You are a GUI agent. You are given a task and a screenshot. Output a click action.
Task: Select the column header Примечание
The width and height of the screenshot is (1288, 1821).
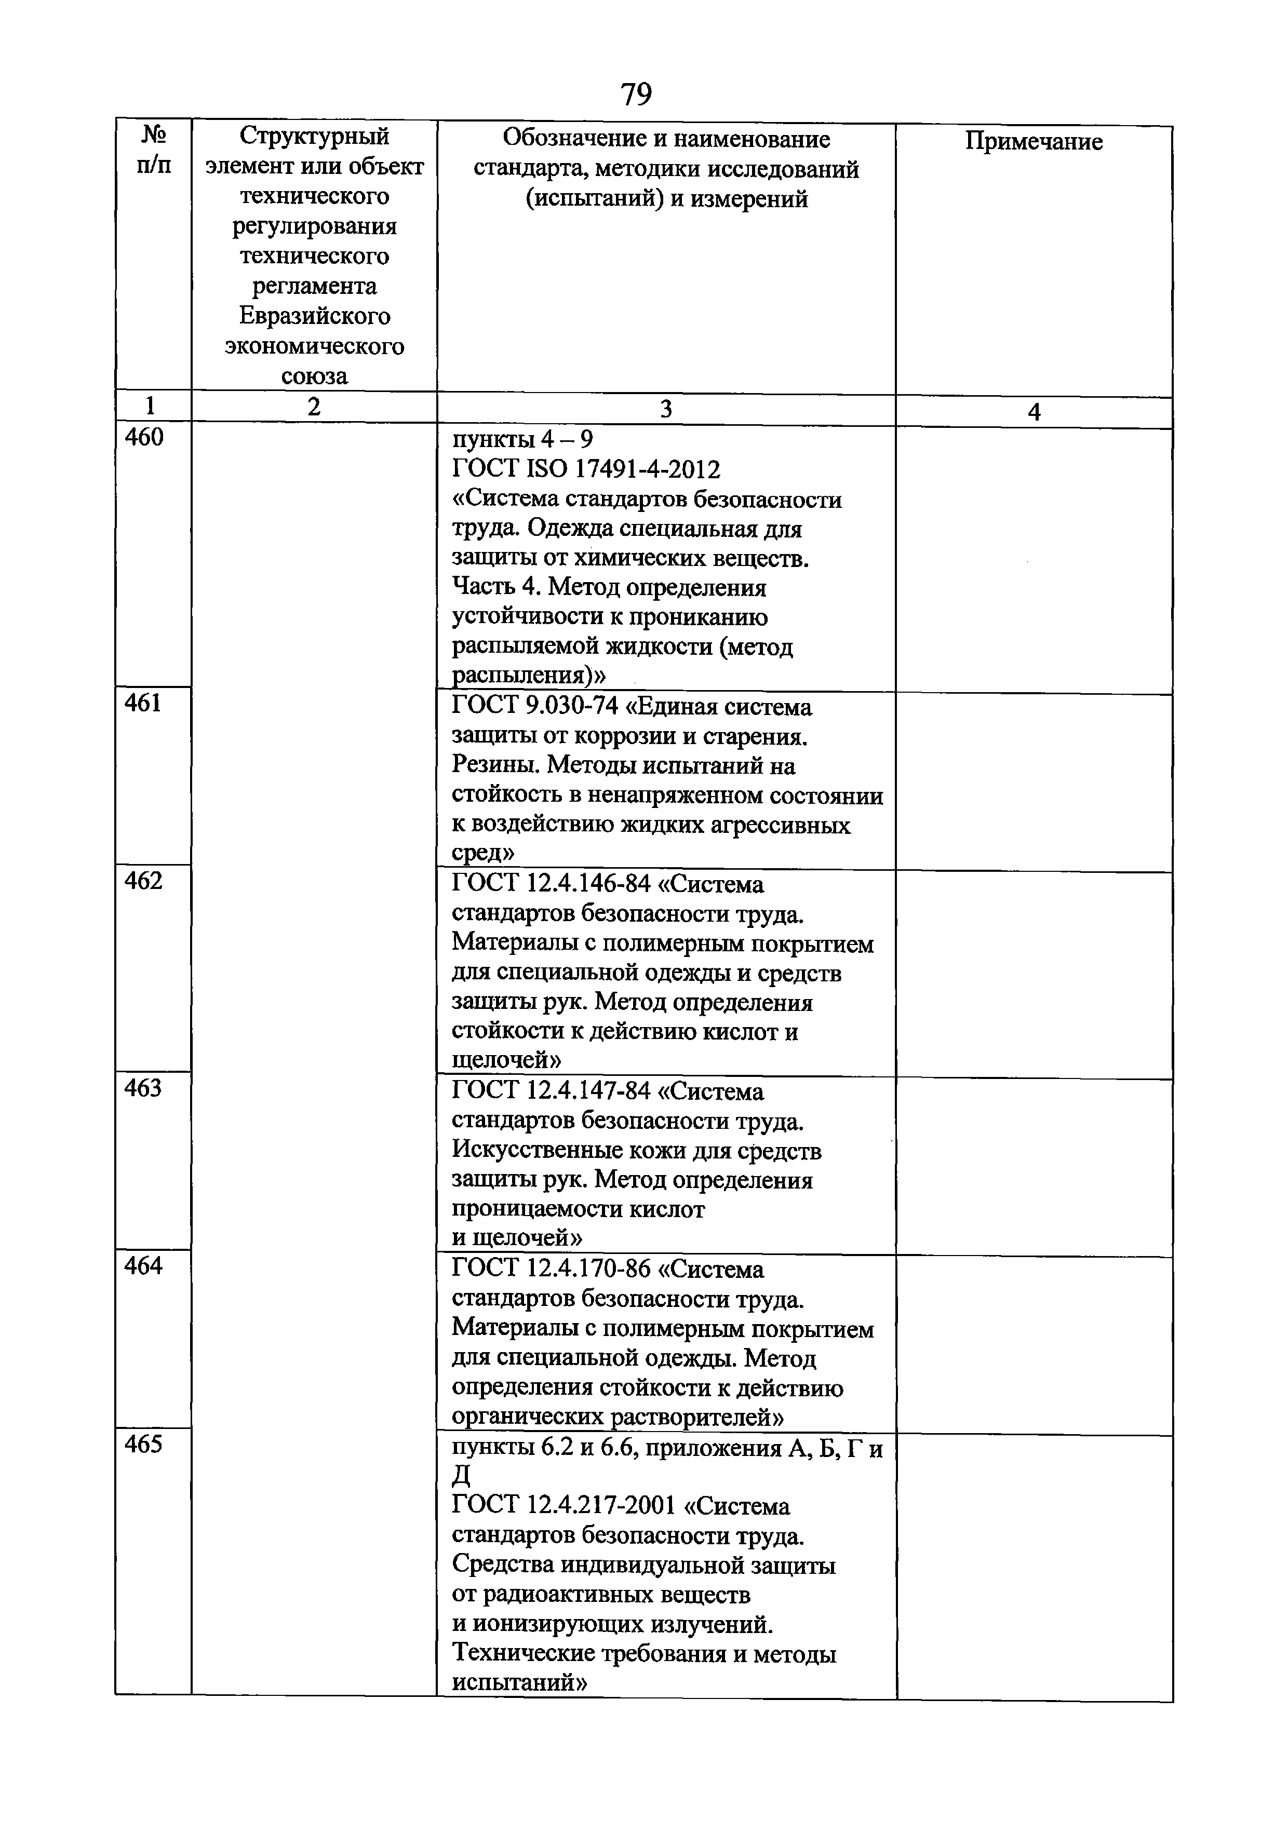1034,142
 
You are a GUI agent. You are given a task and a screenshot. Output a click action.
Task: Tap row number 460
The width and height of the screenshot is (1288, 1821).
144,438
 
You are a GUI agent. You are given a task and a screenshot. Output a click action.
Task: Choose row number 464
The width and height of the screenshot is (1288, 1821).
143,1266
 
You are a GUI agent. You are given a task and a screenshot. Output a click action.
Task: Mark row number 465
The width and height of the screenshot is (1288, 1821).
143,1444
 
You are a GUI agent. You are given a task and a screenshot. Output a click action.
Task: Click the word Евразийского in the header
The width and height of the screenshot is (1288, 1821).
314,316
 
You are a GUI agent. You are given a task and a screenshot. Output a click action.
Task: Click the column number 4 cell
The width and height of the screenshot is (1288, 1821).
1034,412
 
